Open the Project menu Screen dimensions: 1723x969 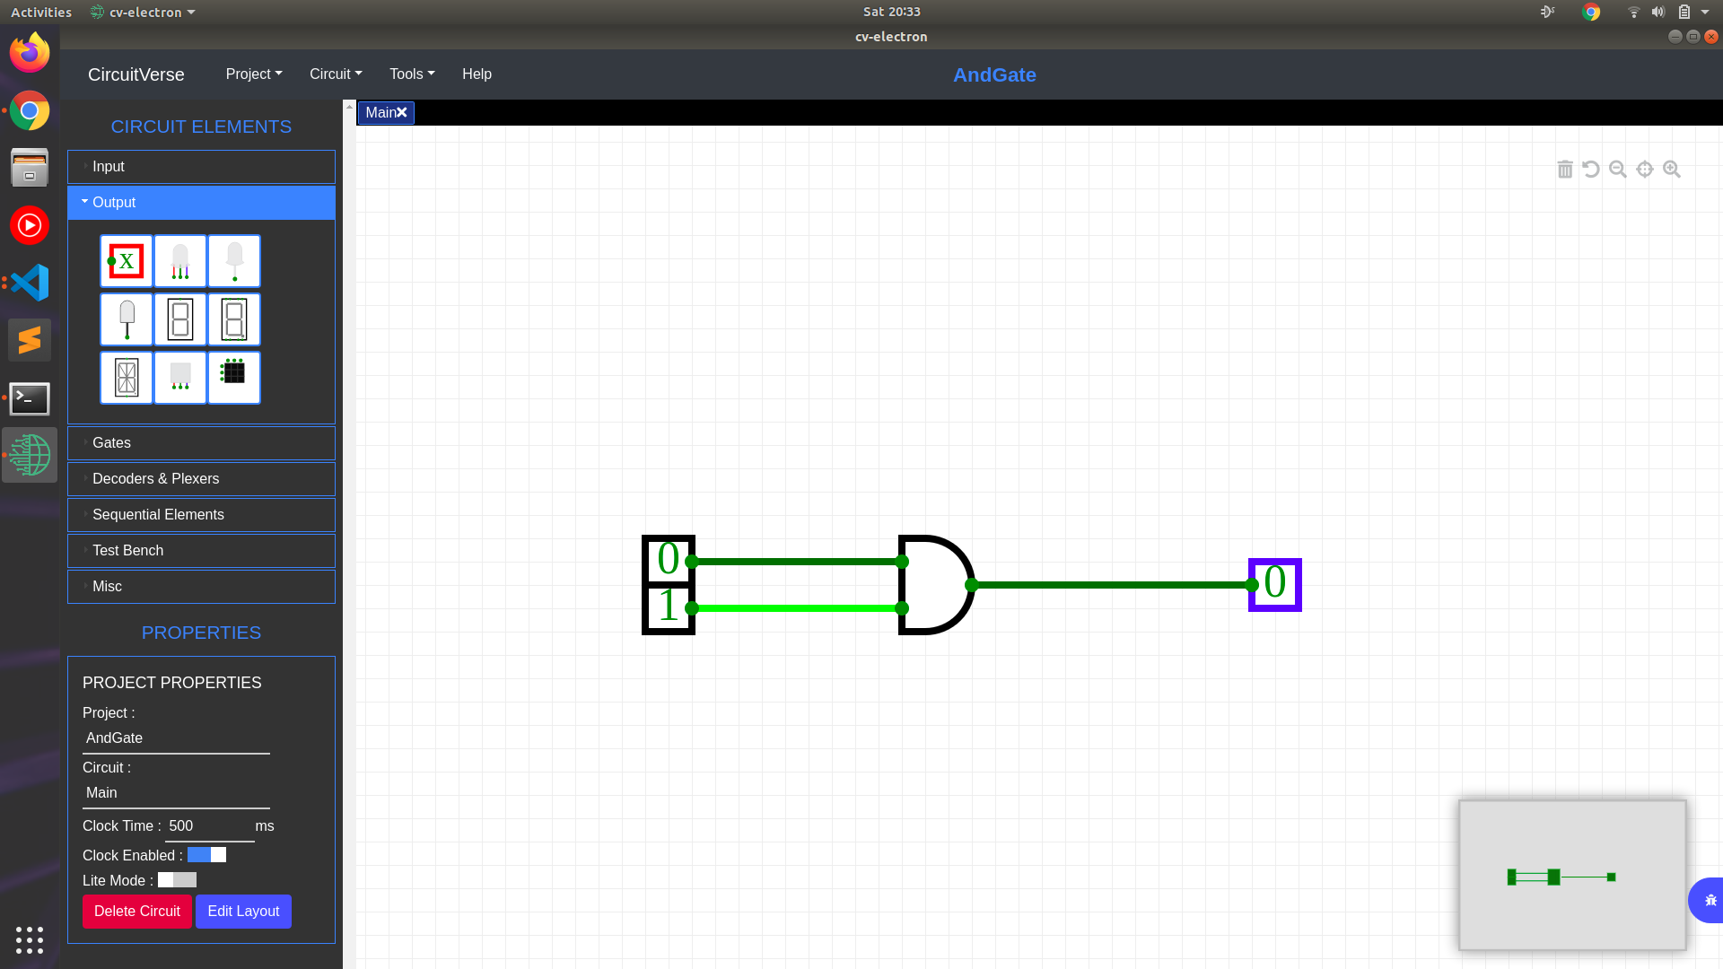[x=254, y=74]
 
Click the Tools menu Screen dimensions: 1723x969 [x=412, y=74]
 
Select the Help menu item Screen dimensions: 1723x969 [x=477, y=74]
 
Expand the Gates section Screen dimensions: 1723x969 [x=201, y=443]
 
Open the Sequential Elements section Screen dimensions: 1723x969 [x=201, y=515]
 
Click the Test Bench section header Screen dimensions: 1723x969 [x=201, y=551]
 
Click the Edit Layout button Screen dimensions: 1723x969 [x=243, y=912]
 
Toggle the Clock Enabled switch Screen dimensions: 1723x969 [x=206, y=855]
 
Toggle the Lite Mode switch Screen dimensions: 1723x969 [x=177, y=880]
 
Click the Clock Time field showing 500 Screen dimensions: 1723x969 [x=209, y=826]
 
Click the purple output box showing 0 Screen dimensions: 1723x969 [x=1275, y=585]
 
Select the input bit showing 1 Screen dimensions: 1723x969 [x=669, y=607]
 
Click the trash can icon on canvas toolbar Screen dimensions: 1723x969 [x=1565, y=170]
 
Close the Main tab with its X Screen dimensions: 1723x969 [x=402, y=113]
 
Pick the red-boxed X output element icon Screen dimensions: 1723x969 [x=127, y=261]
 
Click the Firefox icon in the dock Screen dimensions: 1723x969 [x=30, y=53]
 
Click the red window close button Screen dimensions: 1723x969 [x=1711, y=37]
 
